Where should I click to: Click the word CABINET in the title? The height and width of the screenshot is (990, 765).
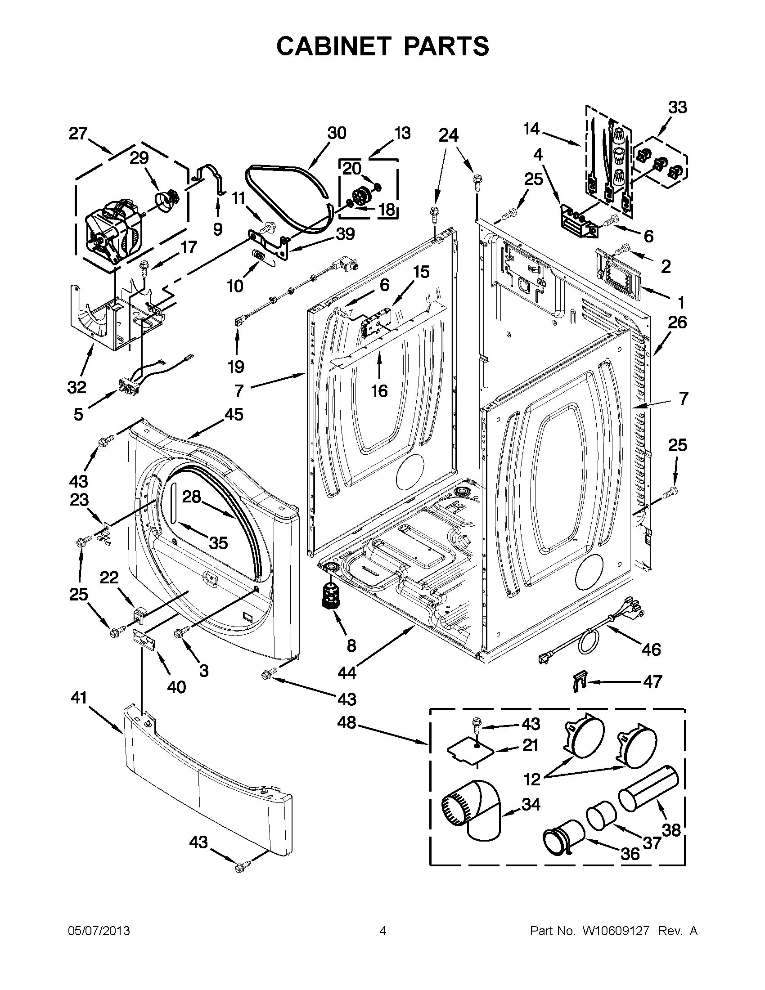(x=333, y=46)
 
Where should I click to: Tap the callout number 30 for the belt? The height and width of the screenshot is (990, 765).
(x=337, y=133)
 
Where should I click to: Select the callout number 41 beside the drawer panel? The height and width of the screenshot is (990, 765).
(x=79, y=698)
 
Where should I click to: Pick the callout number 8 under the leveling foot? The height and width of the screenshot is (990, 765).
(x=351, y=645)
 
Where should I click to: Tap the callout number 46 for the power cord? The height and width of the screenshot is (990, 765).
(x=651, y=650)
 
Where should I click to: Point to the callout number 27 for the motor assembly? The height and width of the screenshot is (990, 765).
(x=78, y=133)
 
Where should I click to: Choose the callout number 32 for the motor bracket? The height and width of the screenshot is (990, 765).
(x=76, y=387)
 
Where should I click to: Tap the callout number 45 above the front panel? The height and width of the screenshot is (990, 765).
(x=234, y=414)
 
